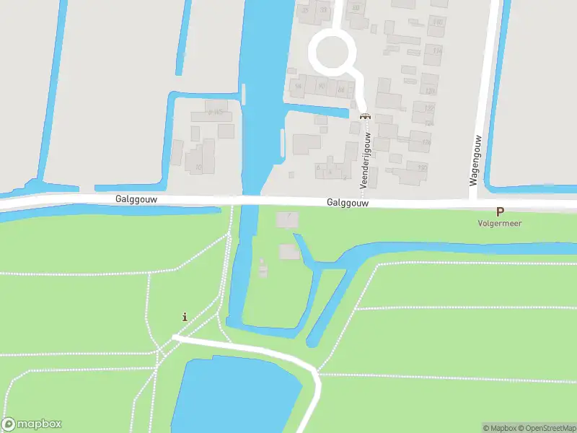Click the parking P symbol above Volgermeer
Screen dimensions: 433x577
499,212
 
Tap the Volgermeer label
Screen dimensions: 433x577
499,224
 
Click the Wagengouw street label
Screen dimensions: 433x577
476,159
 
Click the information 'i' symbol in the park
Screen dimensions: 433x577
185,317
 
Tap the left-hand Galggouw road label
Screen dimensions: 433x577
136,198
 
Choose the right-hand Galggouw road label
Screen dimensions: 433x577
348,204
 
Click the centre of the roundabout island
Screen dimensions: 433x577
333,51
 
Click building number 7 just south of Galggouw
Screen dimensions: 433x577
287,219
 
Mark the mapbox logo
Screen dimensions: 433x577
32,424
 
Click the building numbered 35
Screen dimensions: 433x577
304,11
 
